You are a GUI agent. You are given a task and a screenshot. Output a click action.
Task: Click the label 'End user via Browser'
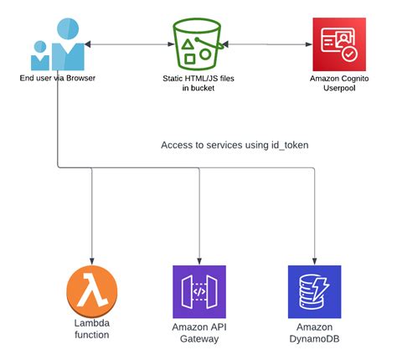tap(57, 78)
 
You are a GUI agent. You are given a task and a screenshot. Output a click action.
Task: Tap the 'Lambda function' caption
tap(92, 330)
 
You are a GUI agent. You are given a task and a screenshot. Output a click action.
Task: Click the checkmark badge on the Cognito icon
tap(349, 56)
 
